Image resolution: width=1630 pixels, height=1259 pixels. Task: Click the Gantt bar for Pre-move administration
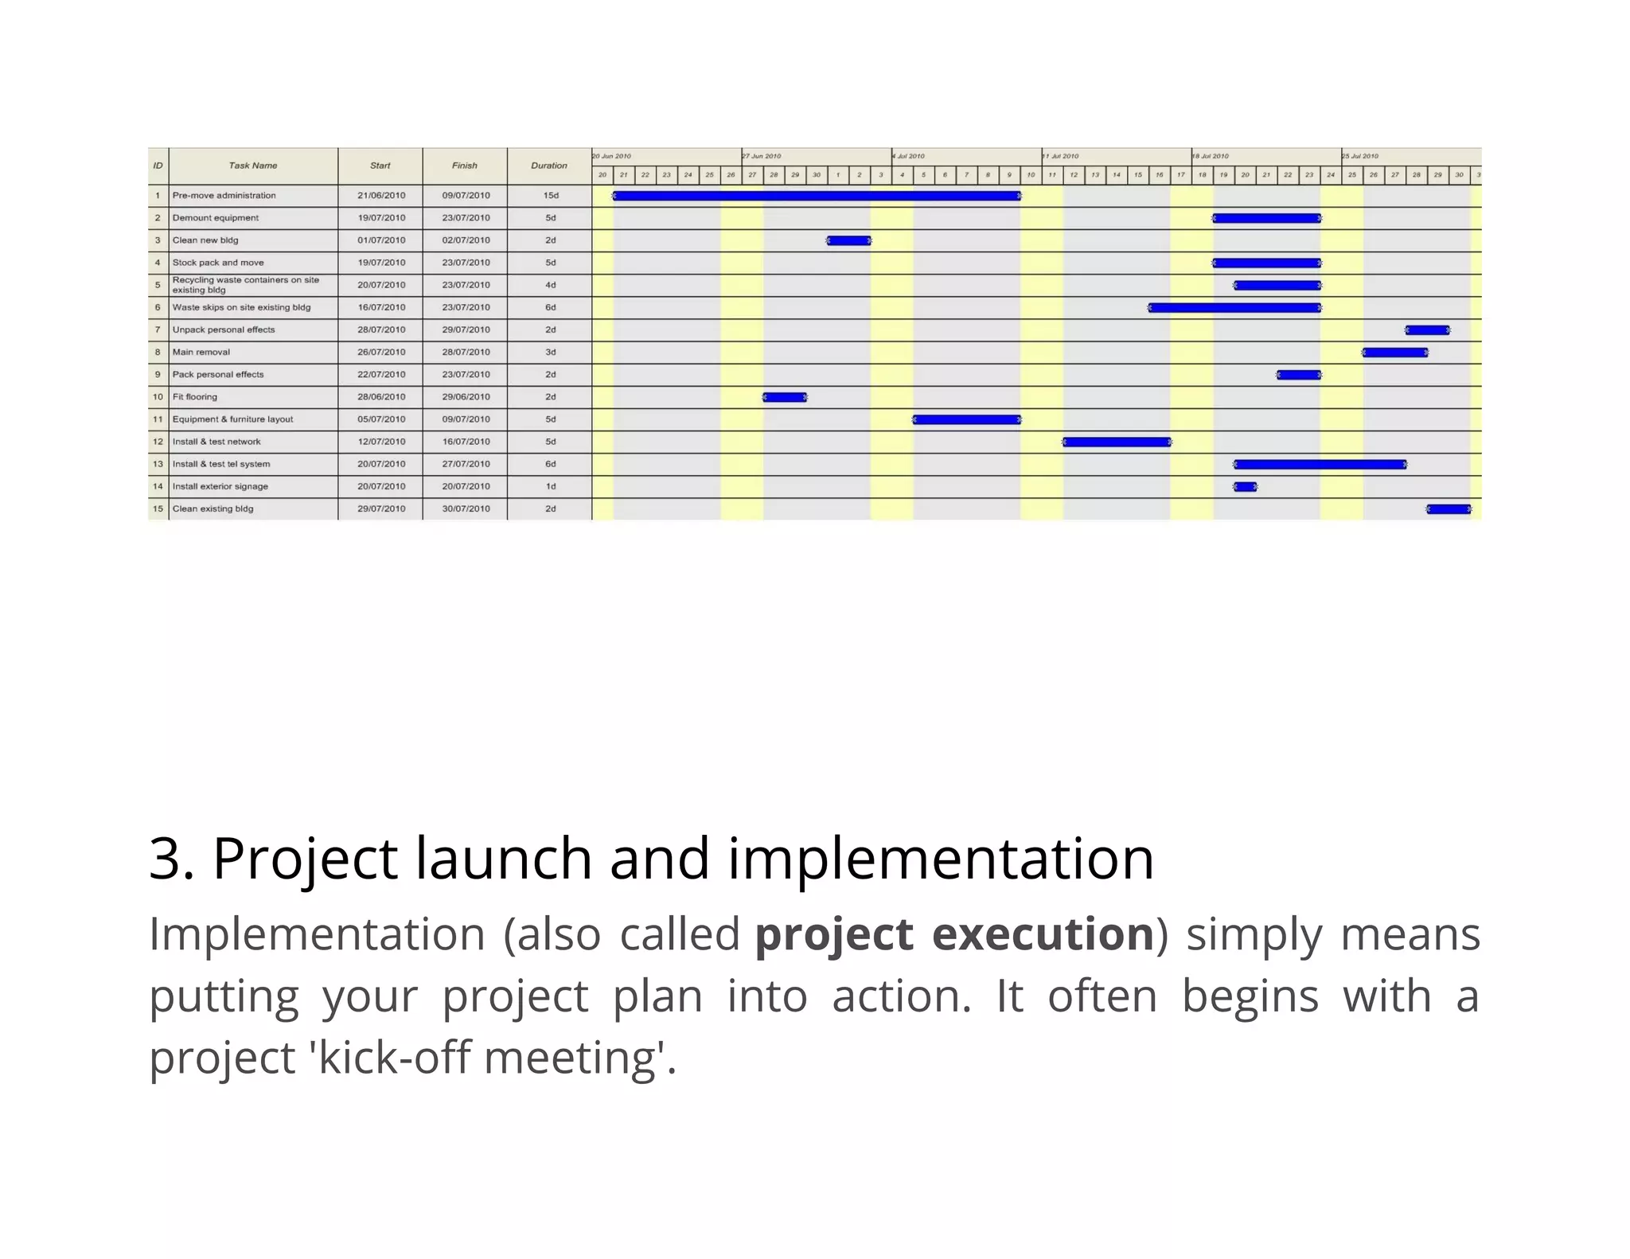pyautogui.click(x=817, y=196)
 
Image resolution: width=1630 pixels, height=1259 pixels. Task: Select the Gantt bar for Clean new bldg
pyautogui.click(x=848, y=240)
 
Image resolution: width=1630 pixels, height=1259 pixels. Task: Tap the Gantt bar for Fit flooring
pyautogui.click(x=785, y=397)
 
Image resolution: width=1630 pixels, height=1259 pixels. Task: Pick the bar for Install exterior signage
pyautogui.click(x=1245, y=486)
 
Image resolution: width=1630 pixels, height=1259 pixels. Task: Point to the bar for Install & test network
pyautogui.click(x=1117, y=442)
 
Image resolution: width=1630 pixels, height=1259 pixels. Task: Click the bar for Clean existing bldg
pyautogui.click(x=1449, y=509)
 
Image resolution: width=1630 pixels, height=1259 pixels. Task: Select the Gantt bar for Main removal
pyautogui.click(x=1394, y=353)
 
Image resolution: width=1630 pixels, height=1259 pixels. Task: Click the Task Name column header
pyautogui.click(x=253, y=166)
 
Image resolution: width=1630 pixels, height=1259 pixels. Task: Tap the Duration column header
pyautogui.click(x=549, y=166)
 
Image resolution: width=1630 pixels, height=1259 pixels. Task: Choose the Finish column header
pyautogui.click(x=465, y=166)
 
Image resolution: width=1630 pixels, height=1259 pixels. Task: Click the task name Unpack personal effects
pyautogui.click(x=224, y=329)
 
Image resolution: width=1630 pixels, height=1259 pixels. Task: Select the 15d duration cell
pyautogui.click(x=551, y=196)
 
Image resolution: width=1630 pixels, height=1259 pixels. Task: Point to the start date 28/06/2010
pyautogui.click(x=381, y=397)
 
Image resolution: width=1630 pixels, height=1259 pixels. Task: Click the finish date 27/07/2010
pyautogui.click(x=466, y=464)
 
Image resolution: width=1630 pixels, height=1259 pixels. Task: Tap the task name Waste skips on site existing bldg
pyautogui.click(x=241, y=307)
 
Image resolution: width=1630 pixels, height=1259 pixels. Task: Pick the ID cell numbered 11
pyautogui.click(x=158, y=419)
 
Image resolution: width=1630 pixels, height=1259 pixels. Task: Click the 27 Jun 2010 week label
pyautogui.click(x=762, y=156)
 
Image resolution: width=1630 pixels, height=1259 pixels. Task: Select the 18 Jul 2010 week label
pyautogui.click(x=1211, y=156)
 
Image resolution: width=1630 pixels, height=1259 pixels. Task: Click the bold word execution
pyautogui.click(x=1043, y=934)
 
